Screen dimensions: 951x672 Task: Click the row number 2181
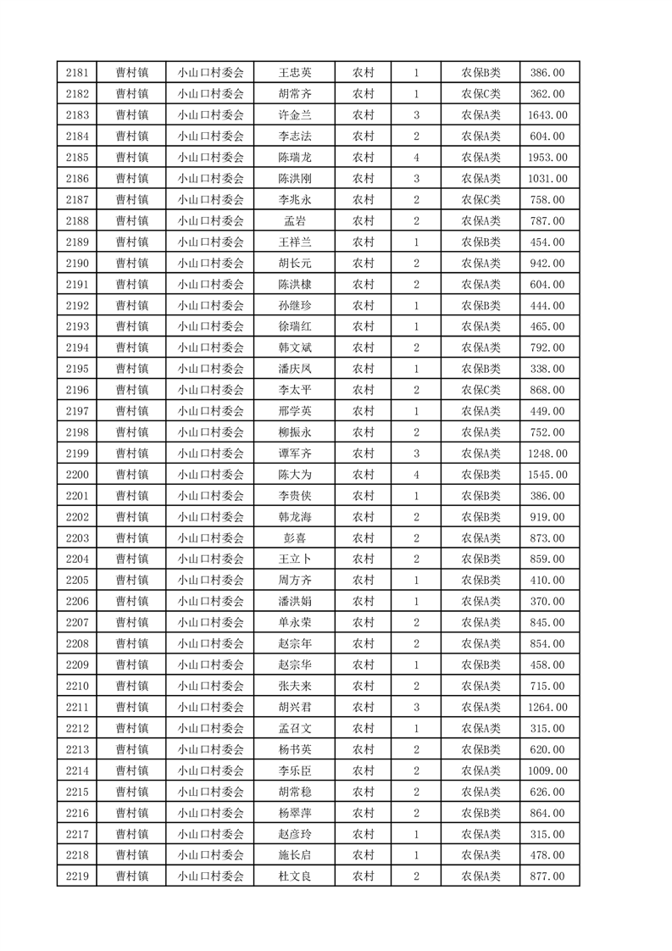pos(76,74)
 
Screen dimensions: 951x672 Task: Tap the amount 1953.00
pos(547,158)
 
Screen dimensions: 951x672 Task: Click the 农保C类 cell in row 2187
pos(480,200)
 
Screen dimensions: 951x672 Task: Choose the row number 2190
pos(76,264)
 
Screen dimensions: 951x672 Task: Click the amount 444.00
pos(547,306)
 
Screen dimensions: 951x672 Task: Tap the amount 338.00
pos(547,369)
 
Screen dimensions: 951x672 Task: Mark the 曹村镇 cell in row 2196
pos(132,390)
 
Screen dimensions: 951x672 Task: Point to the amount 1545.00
pos(547,475)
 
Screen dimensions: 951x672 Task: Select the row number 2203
pos(76,538)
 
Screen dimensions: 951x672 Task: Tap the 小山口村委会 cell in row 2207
pos(210,622)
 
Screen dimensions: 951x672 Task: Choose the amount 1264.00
pos(547,707)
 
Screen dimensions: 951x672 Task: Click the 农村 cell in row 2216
pos(363,812)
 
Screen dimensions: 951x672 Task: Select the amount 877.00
pos(547,876)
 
